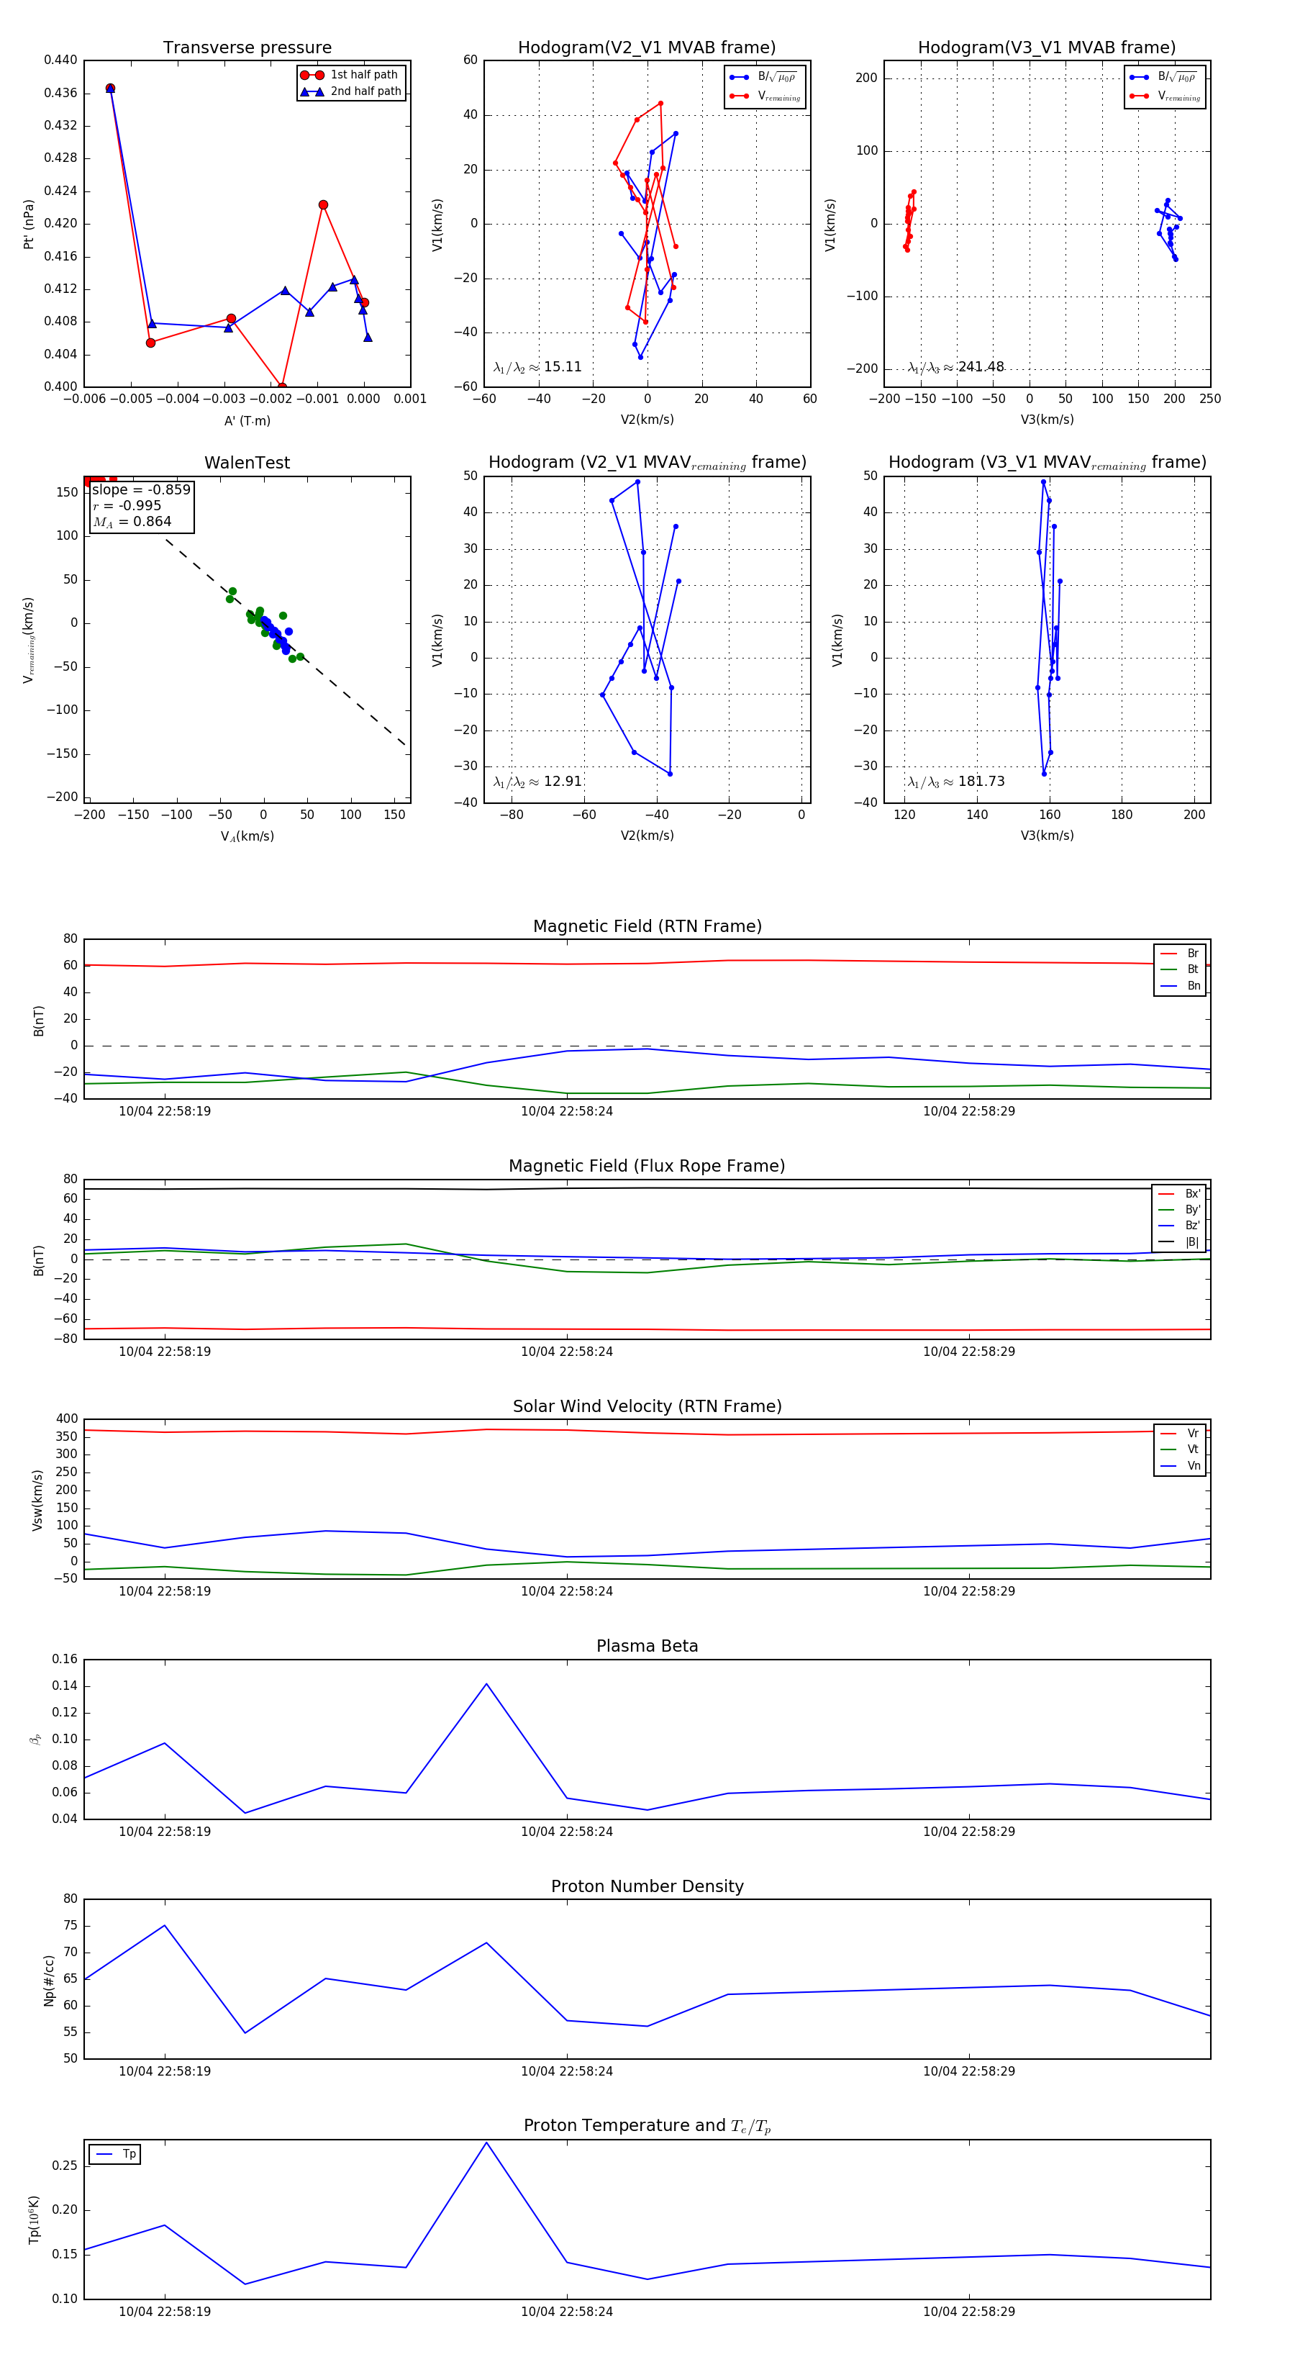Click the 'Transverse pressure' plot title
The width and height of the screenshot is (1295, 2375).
click(247, 48)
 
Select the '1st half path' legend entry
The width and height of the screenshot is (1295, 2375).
click(363, 75)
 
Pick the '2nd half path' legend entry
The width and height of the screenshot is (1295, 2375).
click(365, 91)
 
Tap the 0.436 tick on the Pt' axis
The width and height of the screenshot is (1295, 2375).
click(61, 93)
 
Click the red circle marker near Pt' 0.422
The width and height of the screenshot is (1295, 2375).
click(322, 204)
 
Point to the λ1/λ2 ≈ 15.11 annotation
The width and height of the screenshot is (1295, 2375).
click(537, 367)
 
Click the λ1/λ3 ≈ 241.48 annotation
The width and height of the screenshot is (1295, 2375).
click(956, 367)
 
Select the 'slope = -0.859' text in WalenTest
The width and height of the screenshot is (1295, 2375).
click(141, 489)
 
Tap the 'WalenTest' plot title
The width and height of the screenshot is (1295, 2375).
click(247, 463)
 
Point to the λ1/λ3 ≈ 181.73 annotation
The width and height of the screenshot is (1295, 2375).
click(956, 782)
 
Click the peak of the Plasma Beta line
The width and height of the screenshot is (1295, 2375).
click(486, 1684)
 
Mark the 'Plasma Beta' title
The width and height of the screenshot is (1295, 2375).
click(647, 1647)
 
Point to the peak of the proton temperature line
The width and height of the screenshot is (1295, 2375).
click(486, 2142)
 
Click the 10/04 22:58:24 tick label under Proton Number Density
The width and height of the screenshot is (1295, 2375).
click(566, 2071)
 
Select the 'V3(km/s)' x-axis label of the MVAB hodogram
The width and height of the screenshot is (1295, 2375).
click(1046, 420)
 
